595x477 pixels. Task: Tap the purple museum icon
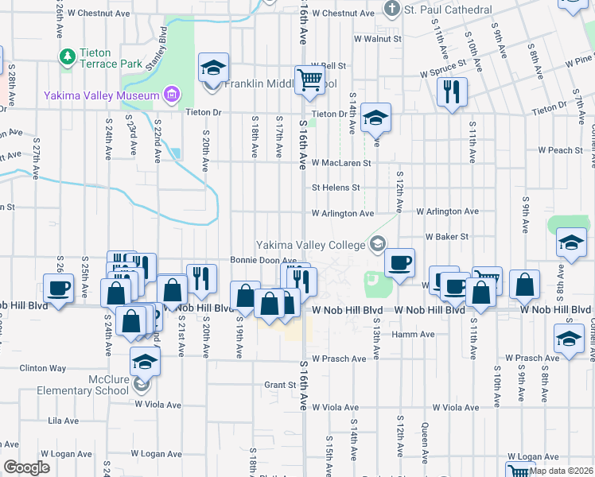pyautogui.click(x=170, y=96)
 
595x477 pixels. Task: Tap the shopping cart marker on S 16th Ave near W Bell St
pyautogui.click(x=309, y=78)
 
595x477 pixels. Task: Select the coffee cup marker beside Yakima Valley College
pyautogui.click(x=399, y=261)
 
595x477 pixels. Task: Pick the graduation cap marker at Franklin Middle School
pyautogui.click(x=212, y=68)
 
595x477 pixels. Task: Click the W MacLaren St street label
pyautogui.click(x=341, y=163)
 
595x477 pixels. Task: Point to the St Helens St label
pyautogui.click(x=336, y=188)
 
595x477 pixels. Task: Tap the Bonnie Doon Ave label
pyautogui.click(x=263, y=260)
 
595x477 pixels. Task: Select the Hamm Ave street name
pyautogui.click(x=413, y=335)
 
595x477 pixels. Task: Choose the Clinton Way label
pyautogui.click(x=43, y=368)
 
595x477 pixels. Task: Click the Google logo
pyautogui.click(x=26, y=467)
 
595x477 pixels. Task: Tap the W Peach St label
pyautogui.click(x=560, y=149)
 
